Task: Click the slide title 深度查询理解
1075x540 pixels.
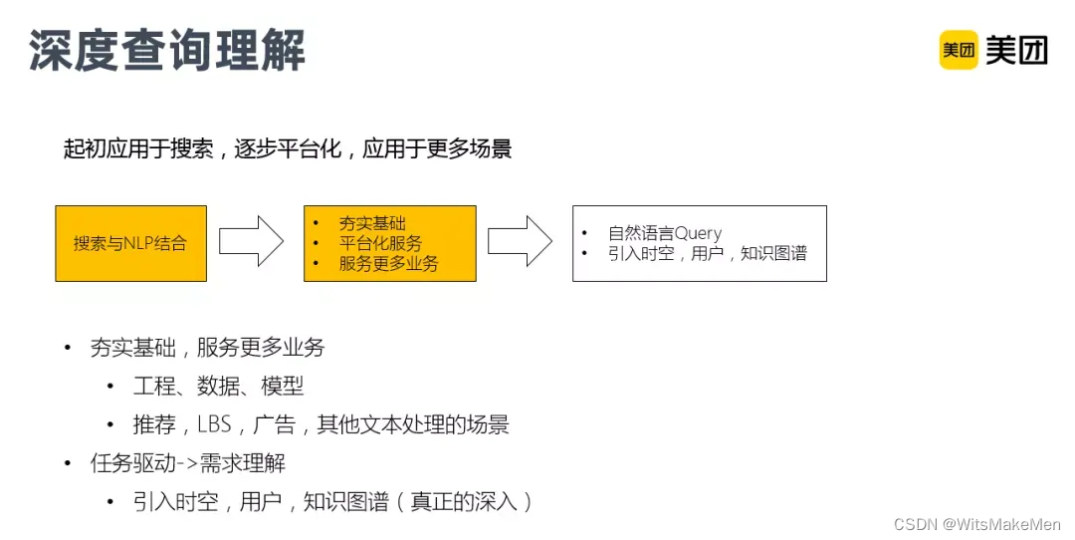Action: (166, 51)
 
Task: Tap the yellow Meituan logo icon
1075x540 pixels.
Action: (959, 50)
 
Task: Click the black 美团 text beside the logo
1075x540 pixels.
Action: (1016, 50)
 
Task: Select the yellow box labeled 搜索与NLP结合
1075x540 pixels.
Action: (130, 243)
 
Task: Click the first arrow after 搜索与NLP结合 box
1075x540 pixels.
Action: (251, 242)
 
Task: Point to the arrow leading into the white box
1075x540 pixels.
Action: (520, 242)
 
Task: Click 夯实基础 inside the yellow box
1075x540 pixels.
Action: (372, 224)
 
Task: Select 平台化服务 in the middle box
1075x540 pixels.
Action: (380, 243)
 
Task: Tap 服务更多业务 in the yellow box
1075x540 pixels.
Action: (388, 263)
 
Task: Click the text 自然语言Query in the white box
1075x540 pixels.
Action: (665, 233)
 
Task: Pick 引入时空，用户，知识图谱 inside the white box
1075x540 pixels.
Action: (707, 253)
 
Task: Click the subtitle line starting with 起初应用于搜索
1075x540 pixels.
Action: (288, 149)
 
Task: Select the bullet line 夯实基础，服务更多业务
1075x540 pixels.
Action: (207, 348)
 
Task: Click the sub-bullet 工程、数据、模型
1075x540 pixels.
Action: (218, 386)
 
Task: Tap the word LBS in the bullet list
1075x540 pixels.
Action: (214, 424)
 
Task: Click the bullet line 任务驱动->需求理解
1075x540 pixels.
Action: (187, 463)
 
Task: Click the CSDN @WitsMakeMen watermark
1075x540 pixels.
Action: (977, 524)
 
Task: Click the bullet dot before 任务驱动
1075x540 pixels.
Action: (68, 463)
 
